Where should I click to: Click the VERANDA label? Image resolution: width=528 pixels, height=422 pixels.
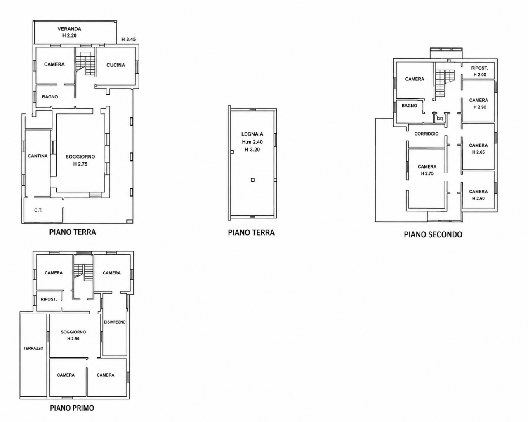click(69, 29)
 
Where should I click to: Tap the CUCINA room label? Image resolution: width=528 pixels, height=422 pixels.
click(115, 65)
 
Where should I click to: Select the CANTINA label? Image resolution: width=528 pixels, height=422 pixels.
click(38, 156)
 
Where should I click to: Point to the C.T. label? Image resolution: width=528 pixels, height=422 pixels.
click(38, 210)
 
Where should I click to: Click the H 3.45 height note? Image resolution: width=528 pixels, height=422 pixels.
click(129, 39)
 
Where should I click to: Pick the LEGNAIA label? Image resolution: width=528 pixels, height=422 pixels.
click(252, 134)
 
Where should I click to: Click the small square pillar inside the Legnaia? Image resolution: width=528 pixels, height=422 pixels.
click(253, 180)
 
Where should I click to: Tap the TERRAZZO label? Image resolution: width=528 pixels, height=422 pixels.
click(33, 348)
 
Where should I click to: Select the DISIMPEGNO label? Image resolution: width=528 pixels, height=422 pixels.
click(115, 322)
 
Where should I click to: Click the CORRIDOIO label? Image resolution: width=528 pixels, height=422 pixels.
click(427, 134)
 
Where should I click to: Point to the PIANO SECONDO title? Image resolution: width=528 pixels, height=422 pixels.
click(433, 234)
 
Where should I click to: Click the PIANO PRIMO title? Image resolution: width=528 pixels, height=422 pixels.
click(72, 408)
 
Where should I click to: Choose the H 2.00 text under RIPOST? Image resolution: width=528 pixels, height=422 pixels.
click(480, 75)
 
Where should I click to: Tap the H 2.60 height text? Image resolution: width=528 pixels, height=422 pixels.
click(478, 198)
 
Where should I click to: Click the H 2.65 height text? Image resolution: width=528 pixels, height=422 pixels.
click(478, 152)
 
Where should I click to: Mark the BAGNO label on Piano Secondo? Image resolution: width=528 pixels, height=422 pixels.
click(409, 105)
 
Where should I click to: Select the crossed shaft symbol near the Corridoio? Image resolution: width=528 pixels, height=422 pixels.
click(439, 119)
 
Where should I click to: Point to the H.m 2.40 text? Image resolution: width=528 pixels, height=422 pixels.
click(252, 142)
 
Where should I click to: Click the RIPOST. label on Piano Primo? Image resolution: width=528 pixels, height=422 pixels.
click(49, 299)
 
